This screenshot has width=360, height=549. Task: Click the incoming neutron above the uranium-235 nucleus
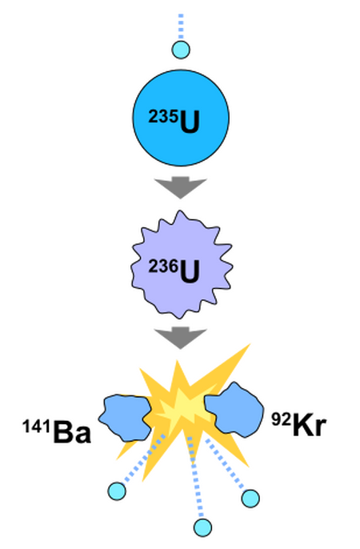click(x=181, y=50)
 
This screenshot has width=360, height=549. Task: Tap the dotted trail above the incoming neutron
click(x=181, y=27)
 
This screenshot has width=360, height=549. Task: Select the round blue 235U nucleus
click(x=181, y=118)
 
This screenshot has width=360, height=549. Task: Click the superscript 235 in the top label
click(x=163, y=117)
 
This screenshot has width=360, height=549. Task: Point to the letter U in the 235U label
click(x=190, y=122)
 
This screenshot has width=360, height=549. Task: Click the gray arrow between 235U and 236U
click(x=181, y=187)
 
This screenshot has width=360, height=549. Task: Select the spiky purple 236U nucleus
click(x=182, y=265)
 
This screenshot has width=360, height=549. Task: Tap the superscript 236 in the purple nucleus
click(x=163, y=266)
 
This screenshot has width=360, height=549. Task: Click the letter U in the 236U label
click(x=190, y=272)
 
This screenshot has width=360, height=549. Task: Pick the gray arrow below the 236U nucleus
click(x=181, y=338)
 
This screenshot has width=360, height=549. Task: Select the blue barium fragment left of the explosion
click(x=125, y=418)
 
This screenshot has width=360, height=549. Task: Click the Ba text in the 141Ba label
click(x=72, y=432)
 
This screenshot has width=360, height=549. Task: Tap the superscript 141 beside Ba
click(x=38, y=427)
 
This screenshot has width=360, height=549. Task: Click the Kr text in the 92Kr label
click(x=310, y=425)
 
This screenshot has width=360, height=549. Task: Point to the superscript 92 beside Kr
click(x=282, y=419)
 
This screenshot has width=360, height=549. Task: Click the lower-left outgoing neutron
click(x=117, y=491)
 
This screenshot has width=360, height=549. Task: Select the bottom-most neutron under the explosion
click(x=202, y=527)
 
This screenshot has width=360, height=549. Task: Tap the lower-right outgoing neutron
click(x=250, y=499)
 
